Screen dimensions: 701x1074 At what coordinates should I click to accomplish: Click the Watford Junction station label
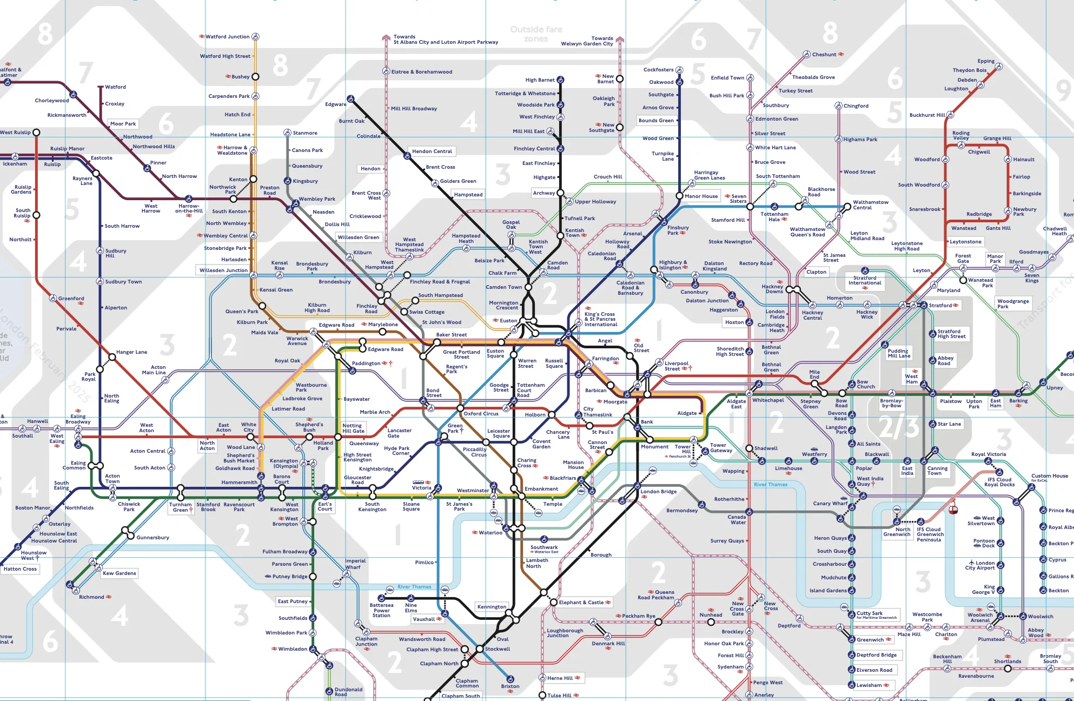227,37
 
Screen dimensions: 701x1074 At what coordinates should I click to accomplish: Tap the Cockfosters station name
658,70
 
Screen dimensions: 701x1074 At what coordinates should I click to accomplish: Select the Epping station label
985,61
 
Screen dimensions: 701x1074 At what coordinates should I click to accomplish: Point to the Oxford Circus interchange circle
460,408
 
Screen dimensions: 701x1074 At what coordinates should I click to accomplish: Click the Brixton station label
510,686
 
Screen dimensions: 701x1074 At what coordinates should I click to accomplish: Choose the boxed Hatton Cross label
20,569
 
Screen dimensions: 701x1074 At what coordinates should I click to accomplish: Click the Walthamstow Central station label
870,205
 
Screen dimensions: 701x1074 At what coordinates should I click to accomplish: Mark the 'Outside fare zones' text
536,34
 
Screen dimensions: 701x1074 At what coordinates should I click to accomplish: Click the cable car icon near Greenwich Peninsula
954,509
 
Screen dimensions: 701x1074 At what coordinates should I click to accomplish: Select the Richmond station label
91,597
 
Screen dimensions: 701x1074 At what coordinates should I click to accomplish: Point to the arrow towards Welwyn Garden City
620,39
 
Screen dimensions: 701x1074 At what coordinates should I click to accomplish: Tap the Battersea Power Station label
381,610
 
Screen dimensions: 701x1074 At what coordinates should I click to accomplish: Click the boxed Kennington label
492,607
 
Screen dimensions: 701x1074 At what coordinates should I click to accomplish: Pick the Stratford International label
864,280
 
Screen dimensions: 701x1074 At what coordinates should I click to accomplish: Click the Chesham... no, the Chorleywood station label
52,101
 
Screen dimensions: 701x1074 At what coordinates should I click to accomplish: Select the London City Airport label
979,565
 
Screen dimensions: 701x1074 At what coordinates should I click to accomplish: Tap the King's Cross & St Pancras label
600,319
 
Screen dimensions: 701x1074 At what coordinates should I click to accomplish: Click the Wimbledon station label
293,649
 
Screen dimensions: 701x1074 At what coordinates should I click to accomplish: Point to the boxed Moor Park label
123,124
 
